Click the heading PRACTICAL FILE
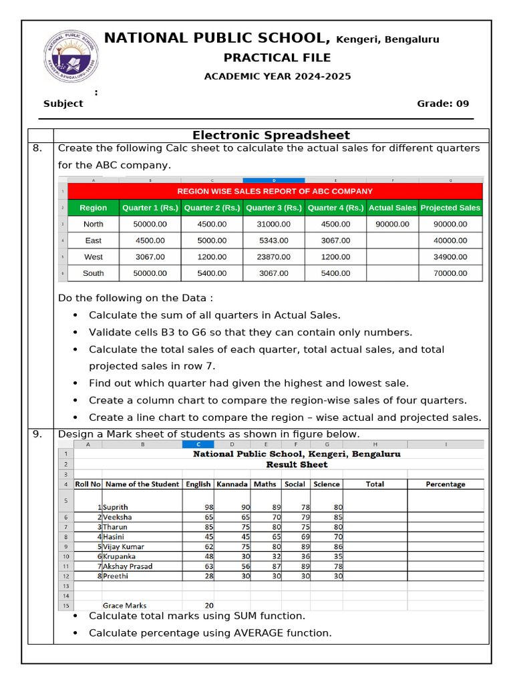pyautogui.click(x=277, y=58)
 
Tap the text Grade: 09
pyautogui.click(x=443, y=104)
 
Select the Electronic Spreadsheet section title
pyautogui.click(x=271, y=135)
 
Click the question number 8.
pyautogui.click(x=38, y=148)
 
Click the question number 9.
pyautogui.click(x=38, y=434)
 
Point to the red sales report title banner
pyautogui.click(x=275, y=191)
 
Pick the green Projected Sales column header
pyautogui.click(x=450, y=208)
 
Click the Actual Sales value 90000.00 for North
pyautogui.click(x=392, y=224)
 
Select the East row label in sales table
pyautogui.click(x=94, y=240)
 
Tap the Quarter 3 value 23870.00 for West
pyautogui.click(x=274, y=256)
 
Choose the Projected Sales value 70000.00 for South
pyautogui.click(x=450, y=273)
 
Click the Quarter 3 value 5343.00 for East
pyautogui.click(x=274, y=240)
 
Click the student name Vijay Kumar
pyautogui.click(x=124, y=546)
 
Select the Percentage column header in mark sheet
pyautogui.click(x=446, y=484)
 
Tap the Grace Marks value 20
pyautogui.click(x=209, y=606)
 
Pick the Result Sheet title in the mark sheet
pyautogui.click(x=297, y=464)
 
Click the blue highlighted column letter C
pyautogui.click(x=198, y=444)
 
